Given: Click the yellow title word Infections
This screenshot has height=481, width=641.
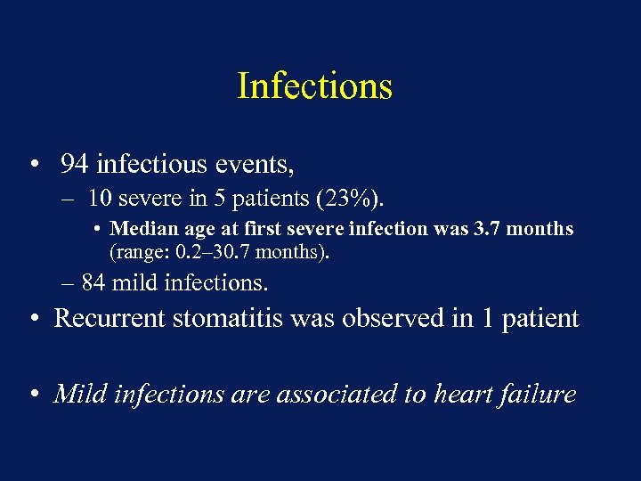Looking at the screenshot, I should [314, 86].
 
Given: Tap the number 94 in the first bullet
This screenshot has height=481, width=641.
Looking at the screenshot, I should [74, 164].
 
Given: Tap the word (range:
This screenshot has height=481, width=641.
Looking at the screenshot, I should [138, 251].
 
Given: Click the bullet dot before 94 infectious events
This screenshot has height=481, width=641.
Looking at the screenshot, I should [33, 165].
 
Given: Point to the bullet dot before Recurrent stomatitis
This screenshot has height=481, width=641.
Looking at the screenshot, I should [33, 319].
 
